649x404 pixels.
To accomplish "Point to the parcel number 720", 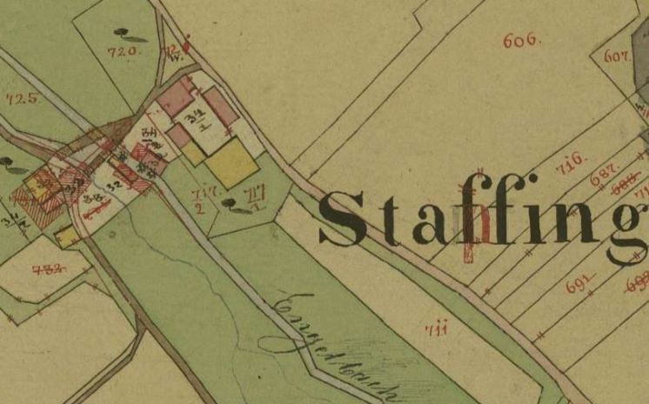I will coord(123,52).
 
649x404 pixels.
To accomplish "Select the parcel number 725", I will coord(21,97).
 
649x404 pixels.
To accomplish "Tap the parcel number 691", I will coord(579,282).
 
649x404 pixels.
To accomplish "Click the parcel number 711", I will coord(436,328).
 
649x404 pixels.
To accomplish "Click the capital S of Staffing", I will coord(344,219).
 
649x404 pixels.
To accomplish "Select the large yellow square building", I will coord(232,164).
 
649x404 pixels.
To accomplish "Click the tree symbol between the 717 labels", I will coord(233,204).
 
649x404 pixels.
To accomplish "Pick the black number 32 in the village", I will coord(112,185).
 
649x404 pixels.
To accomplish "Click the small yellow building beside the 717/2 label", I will coord(193,154).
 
